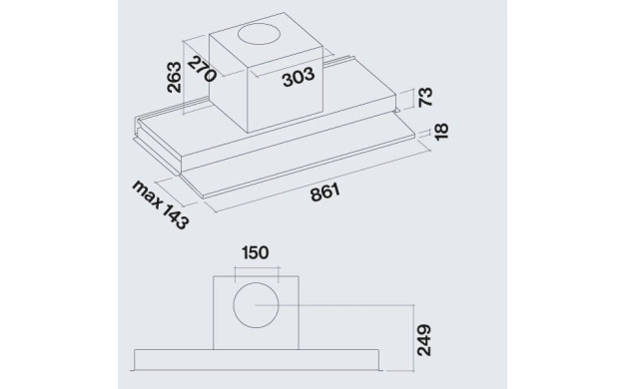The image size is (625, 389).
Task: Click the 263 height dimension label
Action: [174, 77]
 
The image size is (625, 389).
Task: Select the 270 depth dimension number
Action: [202, 69]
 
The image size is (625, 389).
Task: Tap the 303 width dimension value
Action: [299, 77]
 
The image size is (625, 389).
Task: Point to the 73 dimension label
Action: [425, 97]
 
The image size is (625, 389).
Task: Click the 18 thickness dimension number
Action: [441, 132]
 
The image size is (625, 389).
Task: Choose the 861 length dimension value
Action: [325, 192]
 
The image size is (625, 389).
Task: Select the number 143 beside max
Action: [174, 217]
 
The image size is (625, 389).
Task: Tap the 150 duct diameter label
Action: [256, 252]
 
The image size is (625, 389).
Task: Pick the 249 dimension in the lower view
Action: [424, 340]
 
